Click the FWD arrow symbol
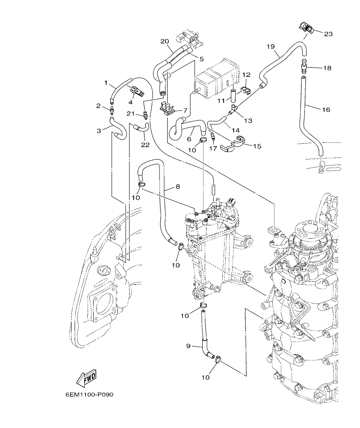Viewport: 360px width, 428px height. click(86, 378)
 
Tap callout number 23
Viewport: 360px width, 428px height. click(328, 33)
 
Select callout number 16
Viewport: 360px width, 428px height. click(326, 110)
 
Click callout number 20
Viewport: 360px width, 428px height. click(165, 41)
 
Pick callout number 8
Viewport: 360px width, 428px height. click(177, 187)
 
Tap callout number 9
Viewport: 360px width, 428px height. click(188, 346)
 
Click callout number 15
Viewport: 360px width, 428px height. click(257, 146)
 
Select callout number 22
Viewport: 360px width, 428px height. click(145, 145)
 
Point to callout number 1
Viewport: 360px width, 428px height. click(106, 82)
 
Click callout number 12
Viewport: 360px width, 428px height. click(246, 75)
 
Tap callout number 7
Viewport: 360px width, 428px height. click(185, 110)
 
